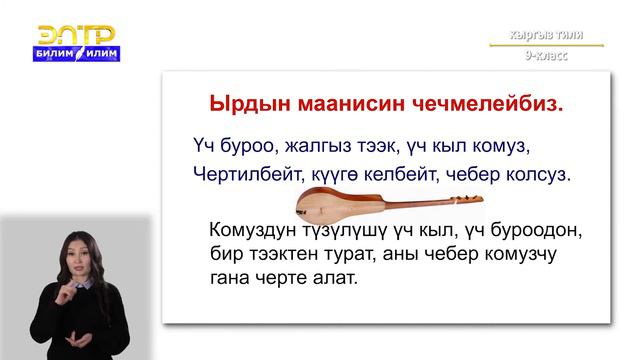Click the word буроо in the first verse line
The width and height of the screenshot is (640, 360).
pos(243,142)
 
